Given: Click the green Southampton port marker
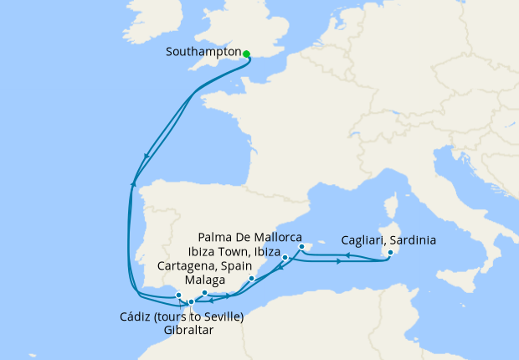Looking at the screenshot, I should click(247, 54).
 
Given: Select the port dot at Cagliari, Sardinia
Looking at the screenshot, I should click(390, 252).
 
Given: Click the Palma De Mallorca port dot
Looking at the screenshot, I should click(301, 247).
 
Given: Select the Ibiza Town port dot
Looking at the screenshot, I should click(285, 257).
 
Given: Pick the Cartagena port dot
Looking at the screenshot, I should click(252, 278).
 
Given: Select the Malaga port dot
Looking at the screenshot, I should click(205, 293).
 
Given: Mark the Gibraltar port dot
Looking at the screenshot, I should click(192, 302).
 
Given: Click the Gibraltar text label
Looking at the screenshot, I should click(189, 330).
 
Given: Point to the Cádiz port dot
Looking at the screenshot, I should click(178, 295).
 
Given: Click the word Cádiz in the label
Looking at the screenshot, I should click(126, 316).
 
